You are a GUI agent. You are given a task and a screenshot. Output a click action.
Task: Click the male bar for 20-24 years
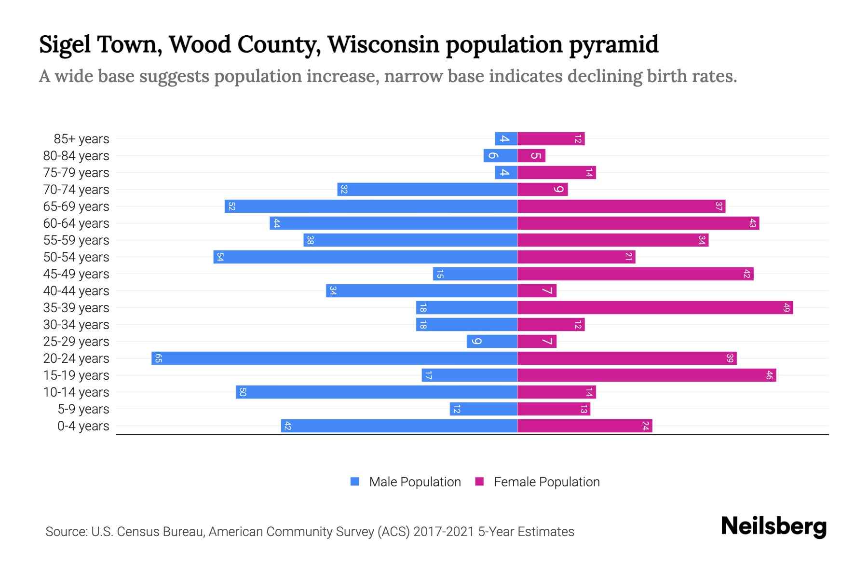(x=334, y=358)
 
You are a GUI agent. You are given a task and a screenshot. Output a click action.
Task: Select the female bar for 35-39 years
(x=655, y=308)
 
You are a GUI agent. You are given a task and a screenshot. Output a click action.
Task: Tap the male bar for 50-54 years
(x=365, y=257)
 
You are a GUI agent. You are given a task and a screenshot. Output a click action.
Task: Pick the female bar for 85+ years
(x=551, y=139)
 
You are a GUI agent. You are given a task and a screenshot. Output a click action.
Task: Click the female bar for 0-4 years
(x=584, y=426)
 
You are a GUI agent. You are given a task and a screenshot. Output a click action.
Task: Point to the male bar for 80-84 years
(x=500, y=156)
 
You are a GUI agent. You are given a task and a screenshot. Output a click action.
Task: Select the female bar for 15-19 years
(x=646, y=375)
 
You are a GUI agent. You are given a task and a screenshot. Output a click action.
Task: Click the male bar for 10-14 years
(x=376, y=392)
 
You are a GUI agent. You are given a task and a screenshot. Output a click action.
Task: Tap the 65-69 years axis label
(x=76, y=207)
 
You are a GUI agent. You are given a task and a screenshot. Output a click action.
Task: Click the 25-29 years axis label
(x=76, y=342)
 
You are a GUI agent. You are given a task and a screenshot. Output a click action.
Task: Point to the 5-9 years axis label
(x=83, y=409)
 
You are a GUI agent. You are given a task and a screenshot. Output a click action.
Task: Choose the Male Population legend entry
(x=415, y=482)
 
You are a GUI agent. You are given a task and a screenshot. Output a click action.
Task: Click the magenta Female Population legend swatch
(x=479, y=482)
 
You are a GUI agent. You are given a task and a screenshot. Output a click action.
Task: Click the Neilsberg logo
(x=773, y=526)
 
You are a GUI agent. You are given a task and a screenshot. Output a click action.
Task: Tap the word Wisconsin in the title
(x=383, y=44)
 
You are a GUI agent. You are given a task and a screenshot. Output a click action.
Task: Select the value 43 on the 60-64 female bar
(x=752, y=223)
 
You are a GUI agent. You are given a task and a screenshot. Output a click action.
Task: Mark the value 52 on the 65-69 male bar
(x=231, y=207)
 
